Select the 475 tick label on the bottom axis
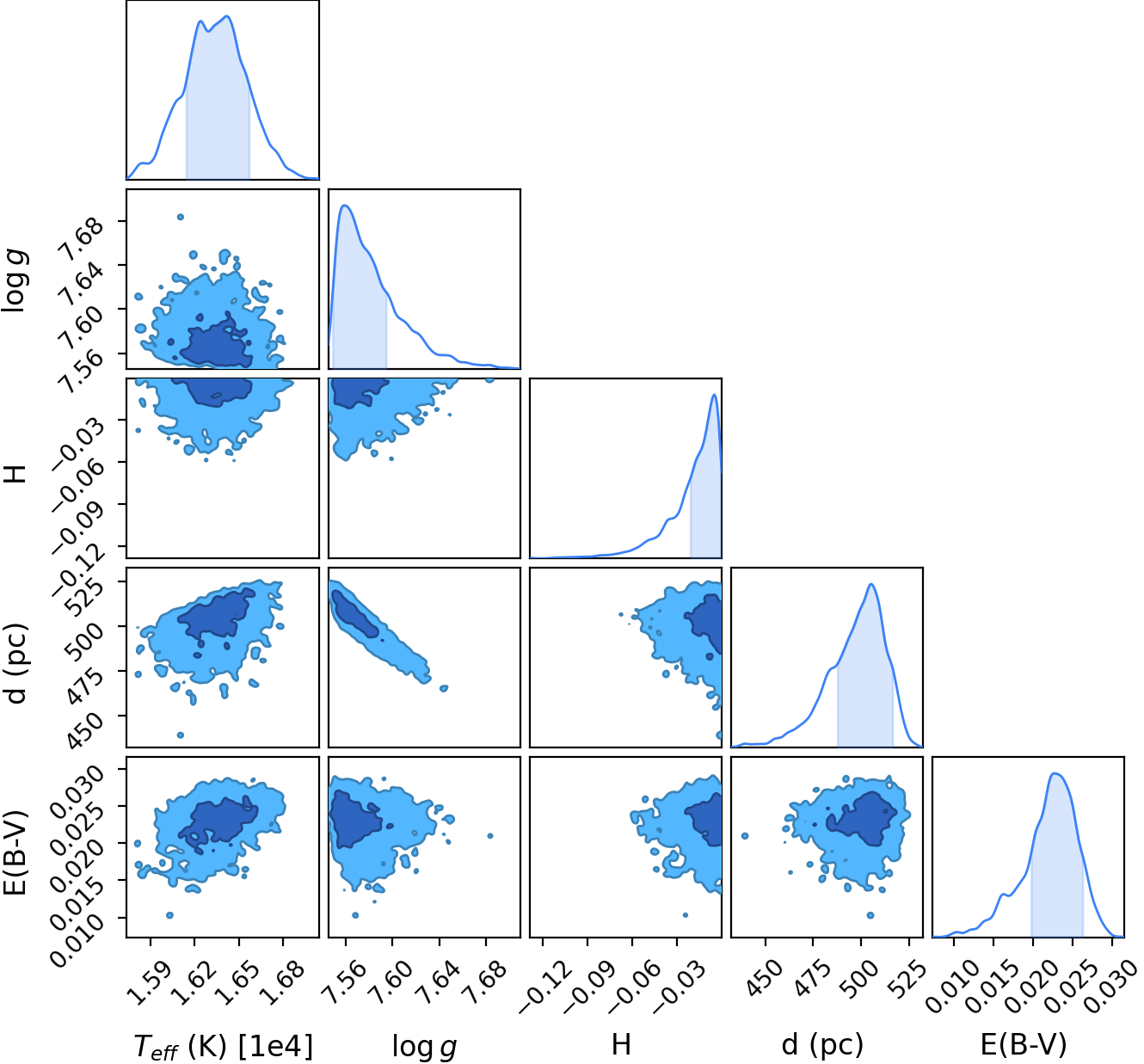812,979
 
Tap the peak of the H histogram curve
714,394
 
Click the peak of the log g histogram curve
344,205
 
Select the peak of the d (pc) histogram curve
871,584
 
